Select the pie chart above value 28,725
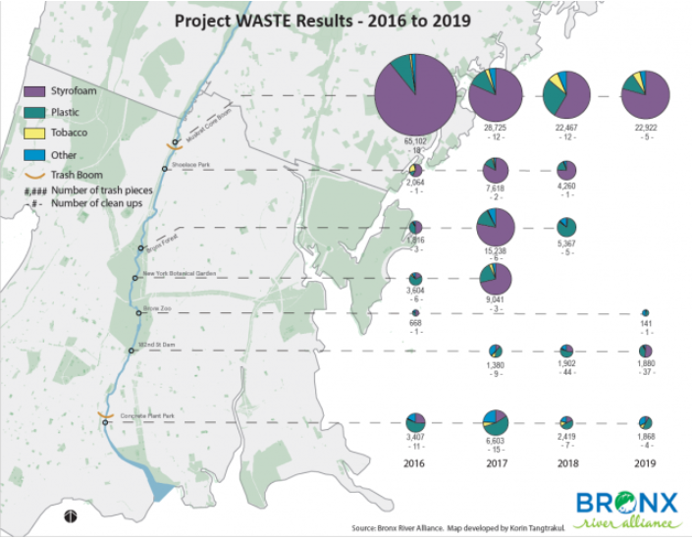(496, 96)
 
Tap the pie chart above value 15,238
(496, 228)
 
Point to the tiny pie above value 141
(645, 313)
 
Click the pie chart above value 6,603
(496, 421)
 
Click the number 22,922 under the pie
(645, 128)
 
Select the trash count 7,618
(496, 188)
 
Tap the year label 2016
(416, 464)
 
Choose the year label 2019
(645, 464)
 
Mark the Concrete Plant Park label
(146, 416)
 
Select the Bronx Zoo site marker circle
(138, 313)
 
